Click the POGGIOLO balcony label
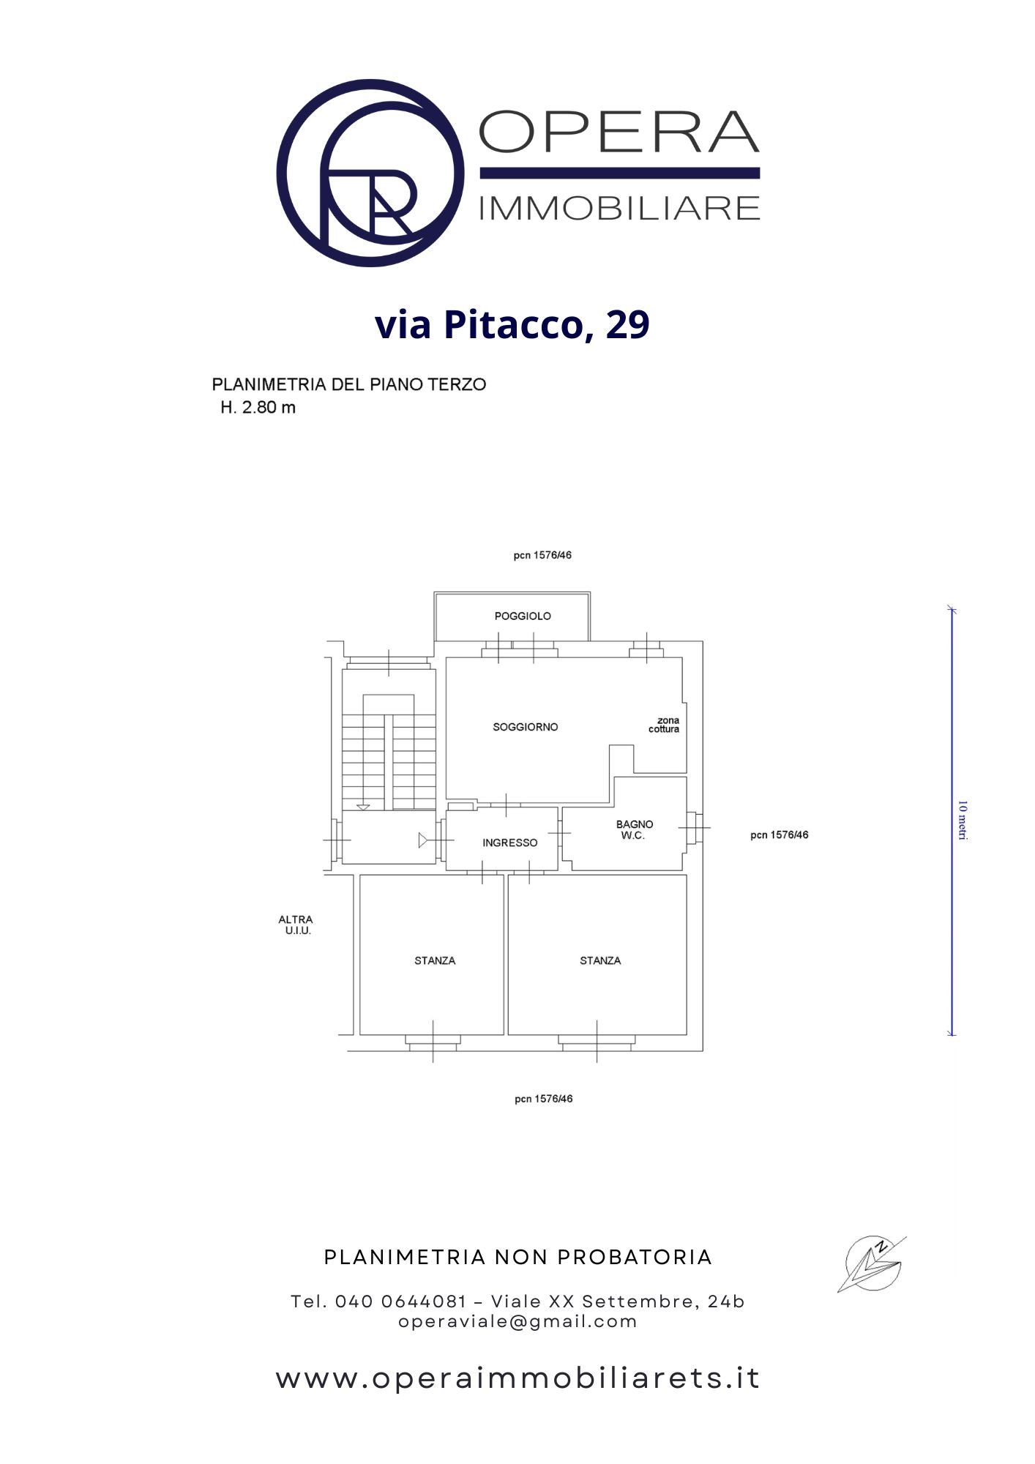(523, 616)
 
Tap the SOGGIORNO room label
(526, 727)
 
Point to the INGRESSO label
(510, 843)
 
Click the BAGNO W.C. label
(634, 829)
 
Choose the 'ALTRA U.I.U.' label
(296, 925)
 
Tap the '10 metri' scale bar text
(963, 821)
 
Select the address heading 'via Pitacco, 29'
(512, 325)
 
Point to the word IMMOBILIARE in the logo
(619, 209)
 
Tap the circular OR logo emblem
(370, 173)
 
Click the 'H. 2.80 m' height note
(258, 408)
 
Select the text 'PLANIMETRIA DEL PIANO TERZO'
(349, 384)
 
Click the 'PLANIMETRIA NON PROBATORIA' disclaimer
(518, 1258)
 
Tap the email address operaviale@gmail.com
(518, 1321)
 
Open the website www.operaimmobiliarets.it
(518, 1378)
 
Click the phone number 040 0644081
(401, 1301)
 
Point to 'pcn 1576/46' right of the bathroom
(780, 834)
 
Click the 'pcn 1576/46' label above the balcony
(542, 555)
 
